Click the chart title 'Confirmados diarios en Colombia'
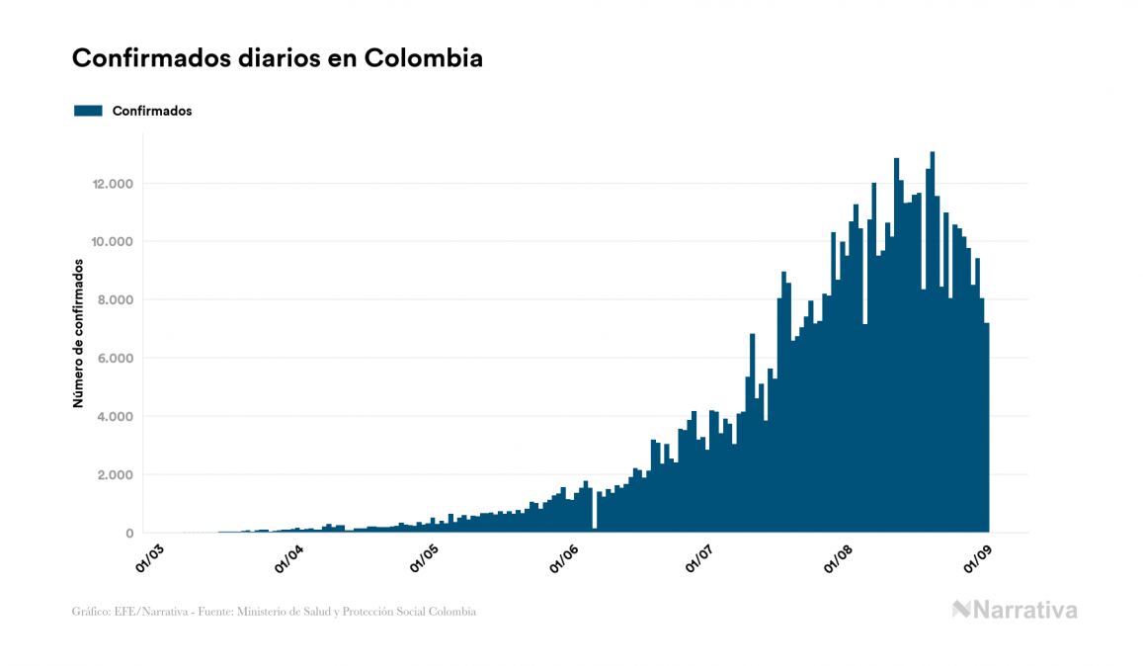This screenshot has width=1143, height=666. point(278,58)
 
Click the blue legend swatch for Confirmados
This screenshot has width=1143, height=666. point(88,111)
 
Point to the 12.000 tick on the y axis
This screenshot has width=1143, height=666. point(113,184)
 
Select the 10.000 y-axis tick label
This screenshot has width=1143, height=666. point(113,242)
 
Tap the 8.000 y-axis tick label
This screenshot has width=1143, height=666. point(117,300)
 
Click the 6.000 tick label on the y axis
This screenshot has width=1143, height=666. point(117,359)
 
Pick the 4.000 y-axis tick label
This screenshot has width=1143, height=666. point(117,417)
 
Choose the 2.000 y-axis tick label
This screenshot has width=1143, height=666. point(117,475)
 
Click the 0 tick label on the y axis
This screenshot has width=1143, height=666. point(129,534)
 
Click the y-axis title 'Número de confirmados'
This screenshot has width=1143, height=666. point(78,334)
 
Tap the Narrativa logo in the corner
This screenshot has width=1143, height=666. point(1015,610)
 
